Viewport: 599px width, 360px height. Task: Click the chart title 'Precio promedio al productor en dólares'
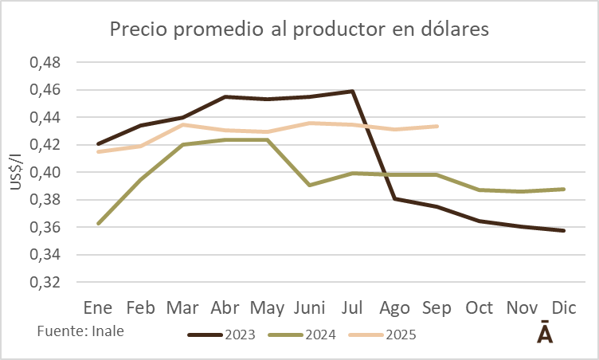click(x=299, y=30)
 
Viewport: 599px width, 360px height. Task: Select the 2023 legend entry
click(x=222, y=335)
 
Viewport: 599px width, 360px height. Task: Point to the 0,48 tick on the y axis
click(x=45, y=62)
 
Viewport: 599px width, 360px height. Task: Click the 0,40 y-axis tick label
click(x=45, y=172)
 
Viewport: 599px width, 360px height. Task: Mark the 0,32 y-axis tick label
click(x=45, y=282)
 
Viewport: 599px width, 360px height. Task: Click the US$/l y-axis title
click(x=16, y=172)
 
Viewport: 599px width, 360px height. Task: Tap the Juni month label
click(x=309, y=307)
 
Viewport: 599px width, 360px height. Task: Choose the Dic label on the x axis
click(x=564, y=307)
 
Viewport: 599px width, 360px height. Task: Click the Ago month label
click(x=394, y=307)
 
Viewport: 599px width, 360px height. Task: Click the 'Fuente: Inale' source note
click(x=81, y=329)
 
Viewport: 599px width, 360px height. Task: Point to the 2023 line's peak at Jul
click(x=352, y=92)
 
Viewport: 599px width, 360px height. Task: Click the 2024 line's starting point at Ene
click(x=98, y=224)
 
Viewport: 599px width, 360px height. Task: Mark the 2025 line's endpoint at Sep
click(x=437, y=126)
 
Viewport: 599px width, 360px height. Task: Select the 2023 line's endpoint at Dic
click(x=564, y=231)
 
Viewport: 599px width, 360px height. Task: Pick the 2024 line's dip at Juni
click(x=310, y=185)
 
